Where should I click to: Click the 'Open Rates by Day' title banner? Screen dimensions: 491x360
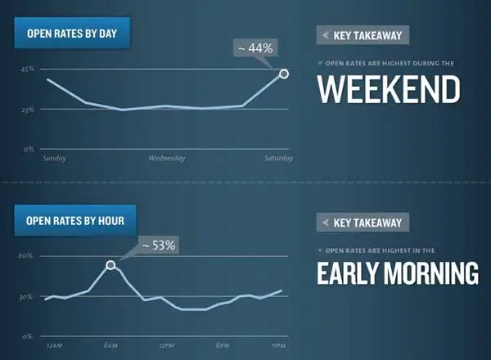[72, 33]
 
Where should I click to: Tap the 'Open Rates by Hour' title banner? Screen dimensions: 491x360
[75, 220]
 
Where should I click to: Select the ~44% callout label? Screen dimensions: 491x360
[255, 48]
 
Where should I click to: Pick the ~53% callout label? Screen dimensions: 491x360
[159, 245]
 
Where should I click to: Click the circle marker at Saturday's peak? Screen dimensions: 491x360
[284, 74]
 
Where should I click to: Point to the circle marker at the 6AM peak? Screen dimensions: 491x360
[110, 265]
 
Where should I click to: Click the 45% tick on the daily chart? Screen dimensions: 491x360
[27, 69]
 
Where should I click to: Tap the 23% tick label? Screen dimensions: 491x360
[28, 110]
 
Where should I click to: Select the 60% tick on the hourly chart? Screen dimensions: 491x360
[25, 256]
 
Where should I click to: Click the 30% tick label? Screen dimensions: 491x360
[25, 297]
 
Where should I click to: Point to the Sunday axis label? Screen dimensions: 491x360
[55, 158]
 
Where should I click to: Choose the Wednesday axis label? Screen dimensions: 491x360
[167, 158]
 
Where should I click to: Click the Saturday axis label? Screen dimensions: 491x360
[279, 158]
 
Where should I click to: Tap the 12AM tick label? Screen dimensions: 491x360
[55, 345]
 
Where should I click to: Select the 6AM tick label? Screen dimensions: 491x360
[110, 345]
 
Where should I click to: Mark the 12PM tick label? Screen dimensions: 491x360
[167, 345]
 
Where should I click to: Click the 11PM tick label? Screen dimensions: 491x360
[278, 345]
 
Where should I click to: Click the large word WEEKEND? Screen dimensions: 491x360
[389, 89]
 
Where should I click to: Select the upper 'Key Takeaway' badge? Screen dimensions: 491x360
[363, 35]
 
